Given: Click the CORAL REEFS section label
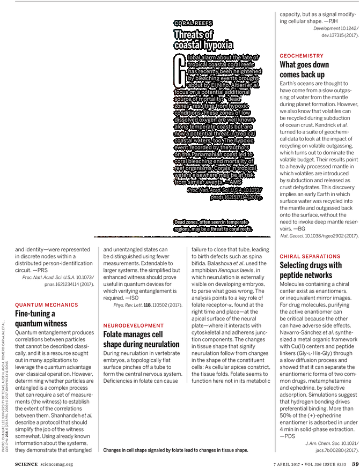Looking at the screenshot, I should (x=193, y=24).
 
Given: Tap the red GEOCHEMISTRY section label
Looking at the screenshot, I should (x=302, y=56).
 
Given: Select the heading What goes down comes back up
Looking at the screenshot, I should (x=303, y=69).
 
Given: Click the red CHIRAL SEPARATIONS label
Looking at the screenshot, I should (x=310, y=257).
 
